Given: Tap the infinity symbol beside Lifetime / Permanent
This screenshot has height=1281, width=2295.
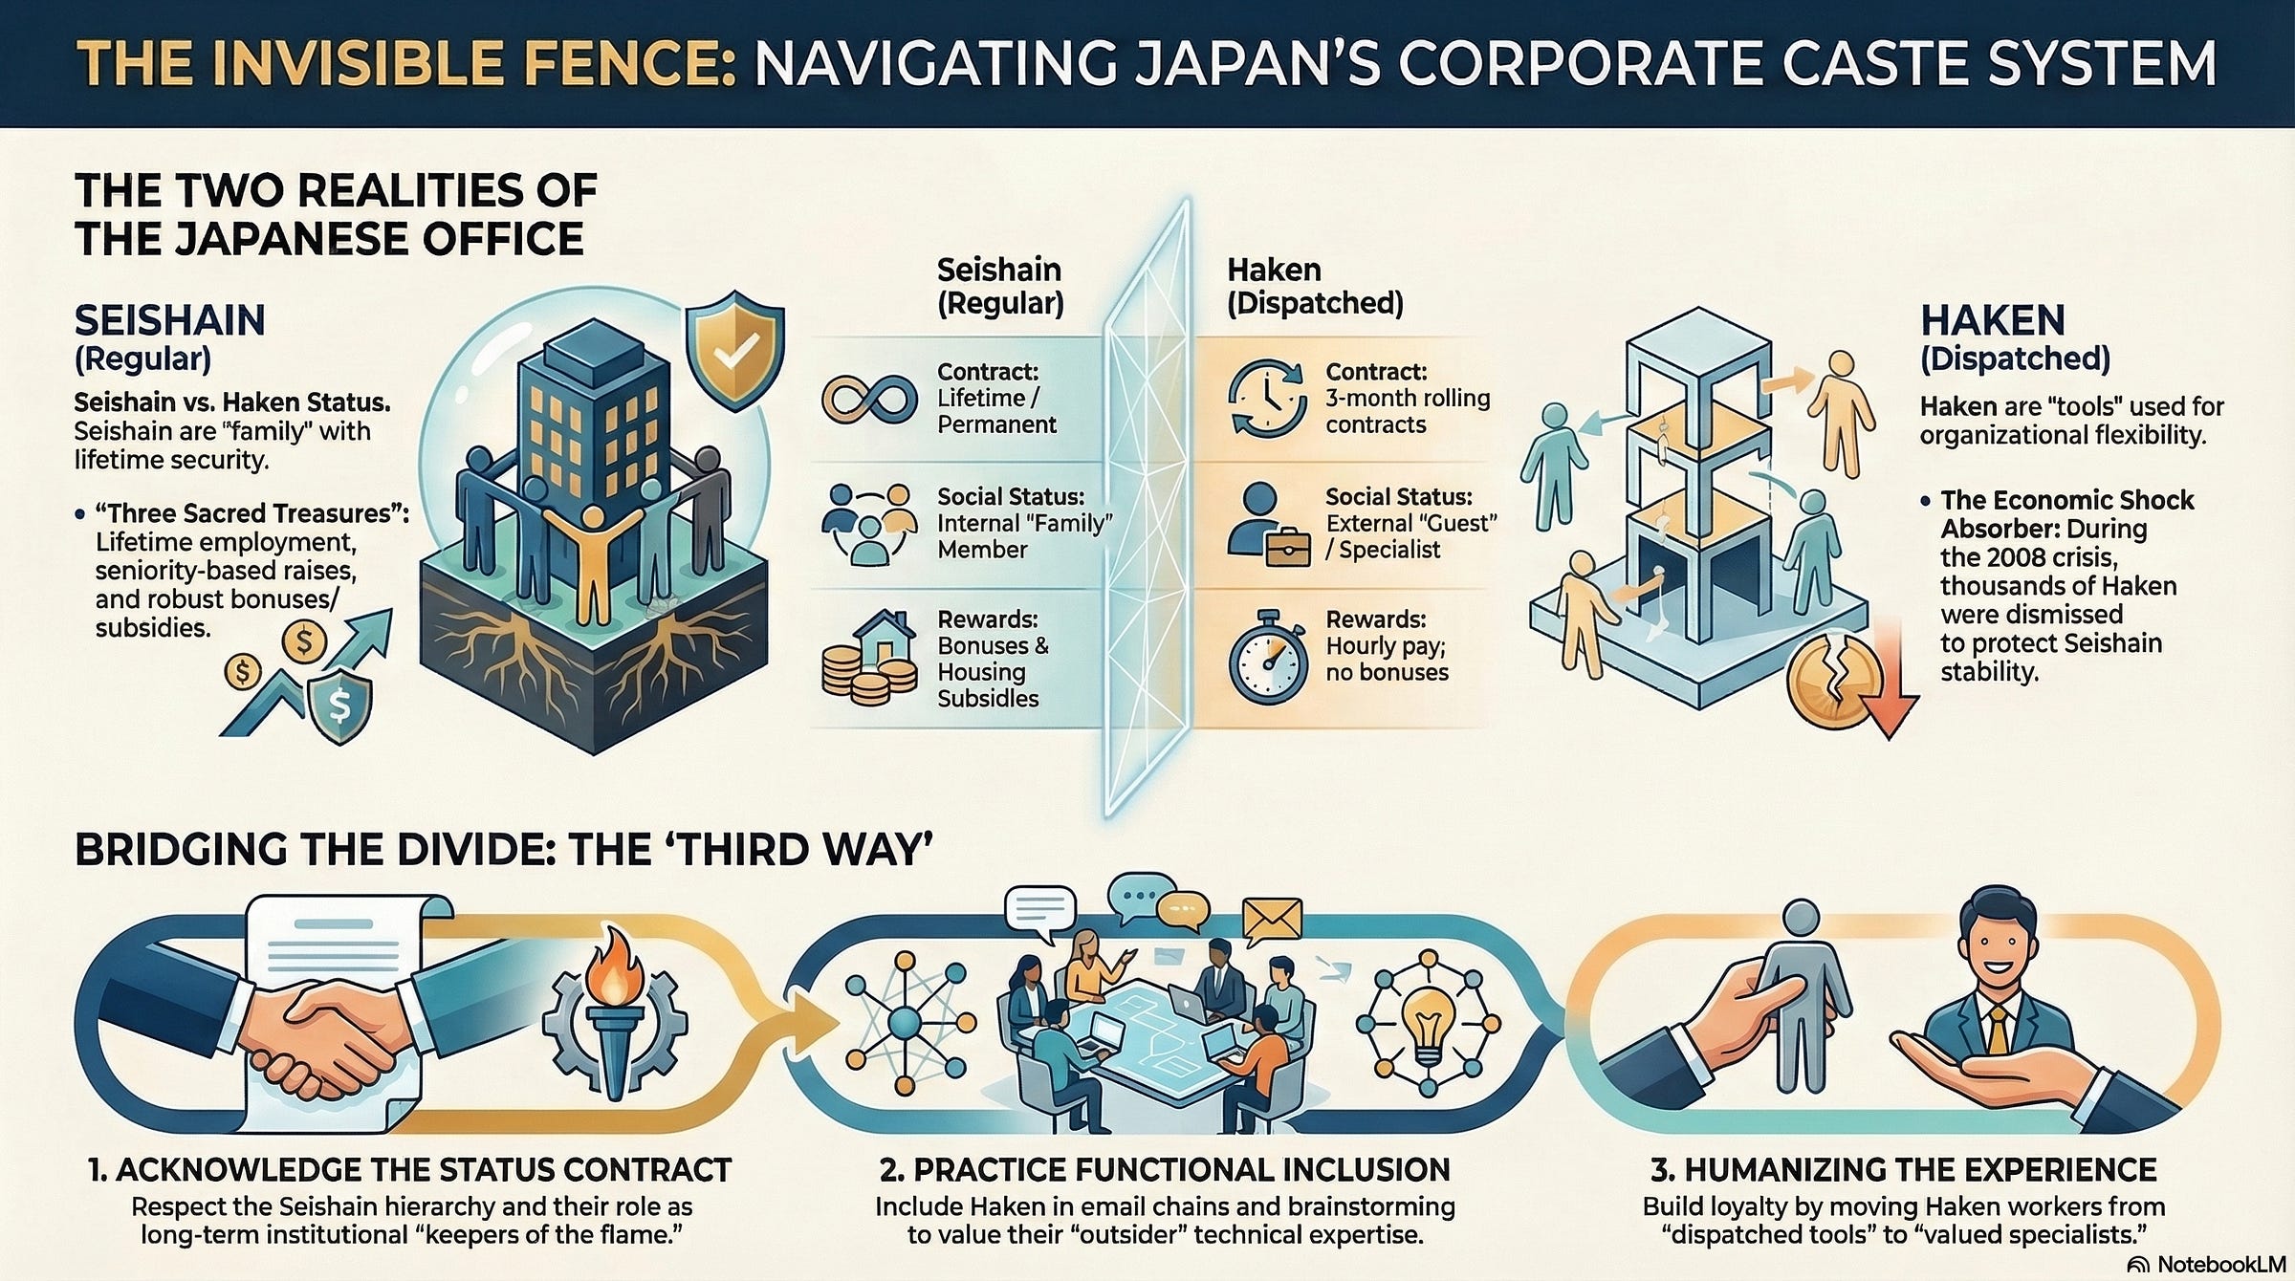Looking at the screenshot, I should coord(868,399).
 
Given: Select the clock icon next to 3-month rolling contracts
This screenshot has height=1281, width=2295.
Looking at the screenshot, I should coord(1267,399).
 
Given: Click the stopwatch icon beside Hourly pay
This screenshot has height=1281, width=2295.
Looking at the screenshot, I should coord(1268,658).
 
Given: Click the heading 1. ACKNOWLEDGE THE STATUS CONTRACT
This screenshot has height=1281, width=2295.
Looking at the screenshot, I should coord(409,1169).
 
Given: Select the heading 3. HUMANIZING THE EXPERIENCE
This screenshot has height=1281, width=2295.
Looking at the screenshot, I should coord(1903,1169).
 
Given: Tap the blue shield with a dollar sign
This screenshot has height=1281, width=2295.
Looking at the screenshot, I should coord(339,706).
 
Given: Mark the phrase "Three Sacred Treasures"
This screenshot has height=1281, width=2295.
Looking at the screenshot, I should coord(247,513).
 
